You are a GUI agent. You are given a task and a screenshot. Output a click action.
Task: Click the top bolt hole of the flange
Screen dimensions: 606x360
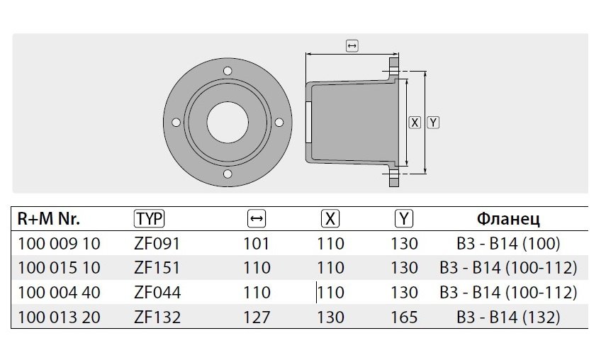pos(228,71)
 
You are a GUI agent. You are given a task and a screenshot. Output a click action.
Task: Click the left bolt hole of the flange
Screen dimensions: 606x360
pos(176,123)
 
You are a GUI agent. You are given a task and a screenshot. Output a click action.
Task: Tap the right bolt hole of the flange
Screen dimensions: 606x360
pos(279,123)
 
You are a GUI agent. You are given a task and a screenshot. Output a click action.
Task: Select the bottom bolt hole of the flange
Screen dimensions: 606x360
pos(228,174)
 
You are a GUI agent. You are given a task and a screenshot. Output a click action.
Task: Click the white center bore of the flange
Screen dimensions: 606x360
pos(228,123)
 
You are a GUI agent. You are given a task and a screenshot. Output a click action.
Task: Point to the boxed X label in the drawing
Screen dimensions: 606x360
pos(415,123)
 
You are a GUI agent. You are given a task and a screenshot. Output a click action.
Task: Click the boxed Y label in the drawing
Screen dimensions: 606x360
pos(433,123)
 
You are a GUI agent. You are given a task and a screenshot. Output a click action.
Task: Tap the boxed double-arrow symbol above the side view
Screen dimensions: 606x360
pos(352,45)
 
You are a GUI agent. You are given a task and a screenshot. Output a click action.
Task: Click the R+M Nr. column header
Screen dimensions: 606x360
pos(49,219)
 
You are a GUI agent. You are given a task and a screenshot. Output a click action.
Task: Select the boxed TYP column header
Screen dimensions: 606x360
pos(149,219)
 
